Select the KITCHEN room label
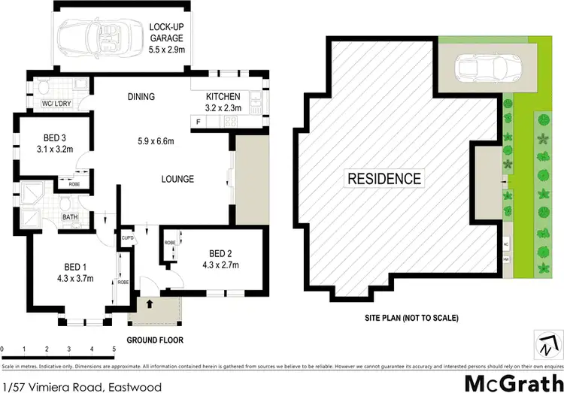[223, 97]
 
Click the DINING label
[141, 97]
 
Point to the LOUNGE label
[177, 179]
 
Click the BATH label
[70, 218]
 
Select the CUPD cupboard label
[127, 238]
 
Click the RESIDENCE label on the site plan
[384, 179]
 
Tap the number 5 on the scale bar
[114, 349]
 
